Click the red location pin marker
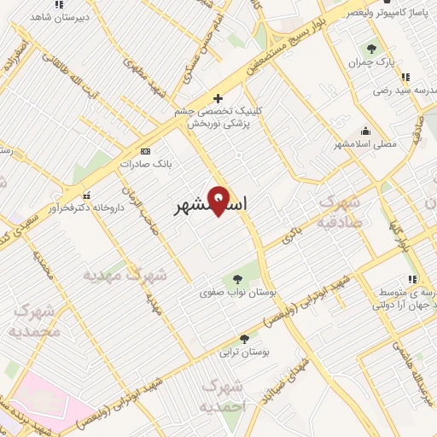[218, 200]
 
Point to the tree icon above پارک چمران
[370, 49]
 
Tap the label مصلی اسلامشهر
[367, 144]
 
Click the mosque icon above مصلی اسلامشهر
[366, 131]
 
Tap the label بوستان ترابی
[245, 352]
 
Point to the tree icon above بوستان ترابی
[245, 338]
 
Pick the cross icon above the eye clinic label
[218, 98]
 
